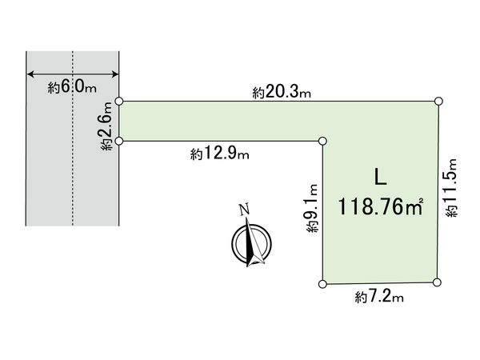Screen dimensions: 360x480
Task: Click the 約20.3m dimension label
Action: [x=281, y=93]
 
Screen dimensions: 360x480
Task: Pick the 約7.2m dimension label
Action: [x=379, y=298]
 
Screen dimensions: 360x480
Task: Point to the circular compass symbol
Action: [x=251, y=244]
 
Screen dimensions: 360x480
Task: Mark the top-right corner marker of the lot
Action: [x=439, y=101]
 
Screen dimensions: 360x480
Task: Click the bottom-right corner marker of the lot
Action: [x=438, y=282]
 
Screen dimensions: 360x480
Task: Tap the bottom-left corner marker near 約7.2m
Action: [x=322, y=283]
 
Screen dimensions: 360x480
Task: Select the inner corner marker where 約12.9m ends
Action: [x=322, y=142]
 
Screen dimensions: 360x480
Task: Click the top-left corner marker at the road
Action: [x=119, y=102]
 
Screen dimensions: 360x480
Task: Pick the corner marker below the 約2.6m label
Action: [x=119, y=141]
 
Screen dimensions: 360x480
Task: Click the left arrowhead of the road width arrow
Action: [x=30, y=74]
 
